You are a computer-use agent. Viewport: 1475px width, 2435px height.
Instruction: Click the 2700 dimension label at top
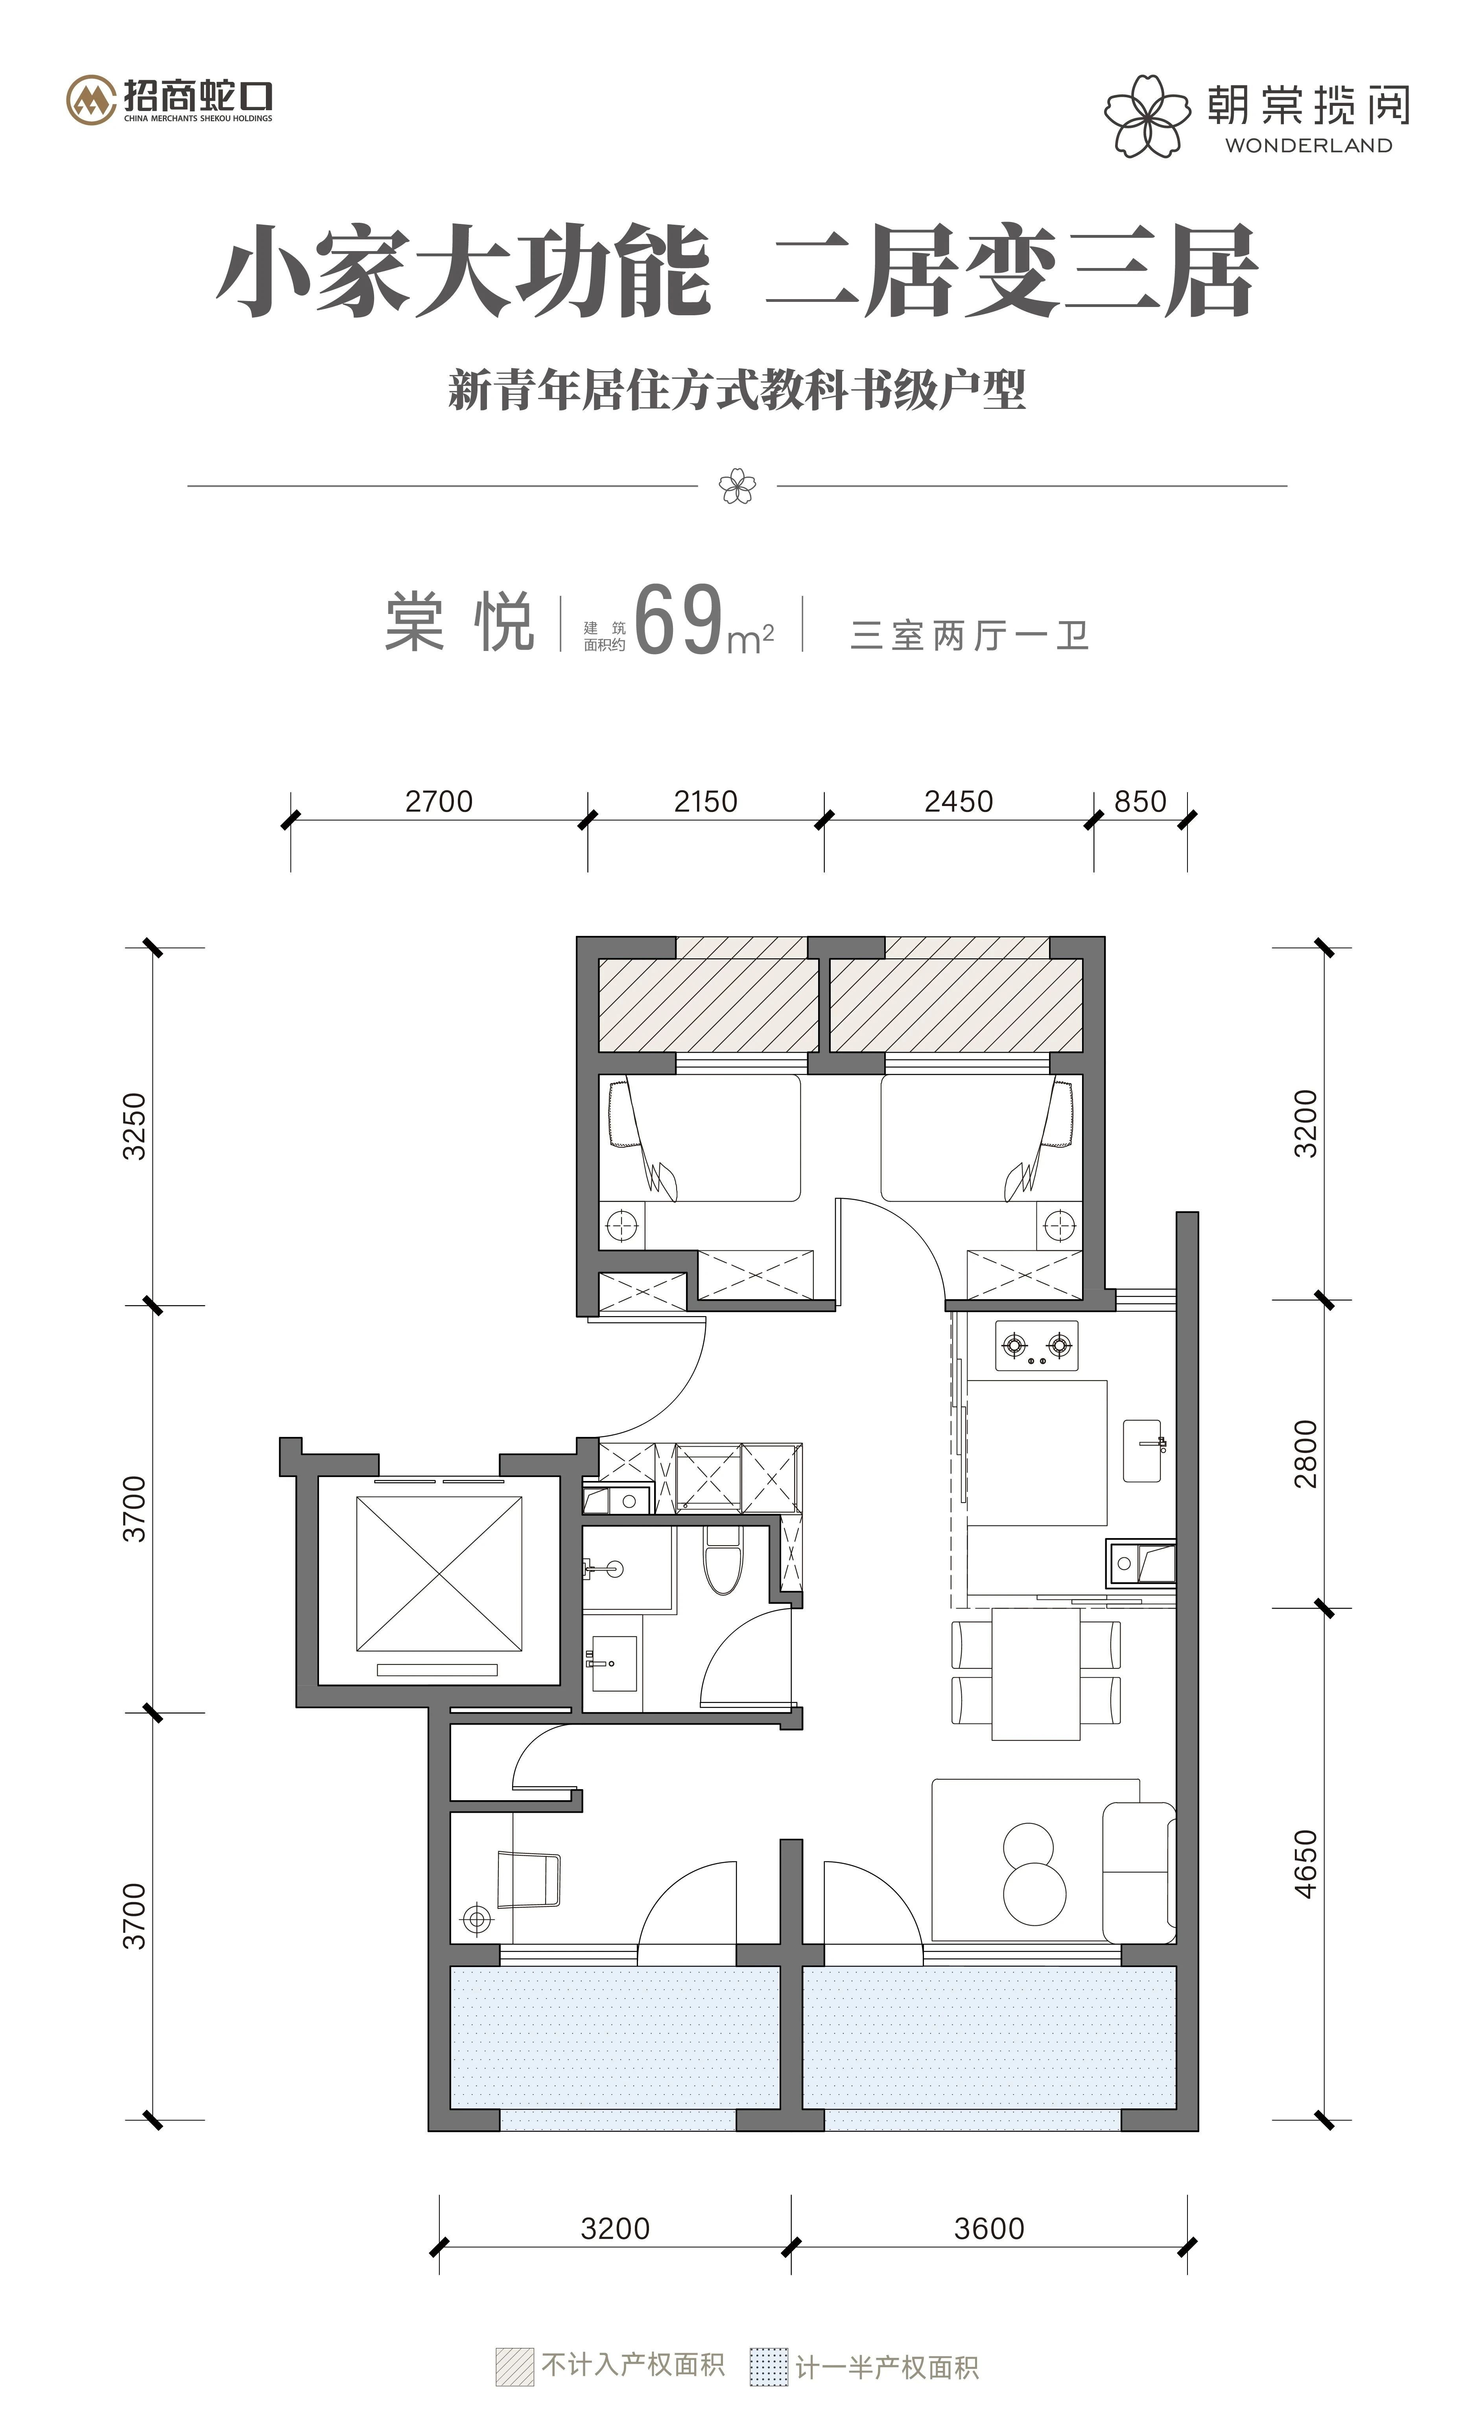(x=439, y=801)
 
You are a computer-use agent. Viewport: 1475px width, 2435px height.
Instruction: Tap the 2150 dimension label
(x=705, y=801)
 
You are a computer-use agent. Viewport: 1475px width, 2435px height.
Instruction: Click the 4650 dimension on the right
(x=1306, y=1864)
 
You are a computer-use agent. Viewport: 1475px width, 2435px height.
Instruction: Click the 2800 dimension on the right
(x=1306, y=1453)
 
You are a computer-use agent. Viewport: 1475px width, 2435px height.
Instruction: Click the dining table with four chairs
(x=1035, y=1673)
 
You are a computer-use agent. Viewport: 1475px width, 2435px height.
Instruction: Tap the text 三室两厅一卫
(x=969, y=636)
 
